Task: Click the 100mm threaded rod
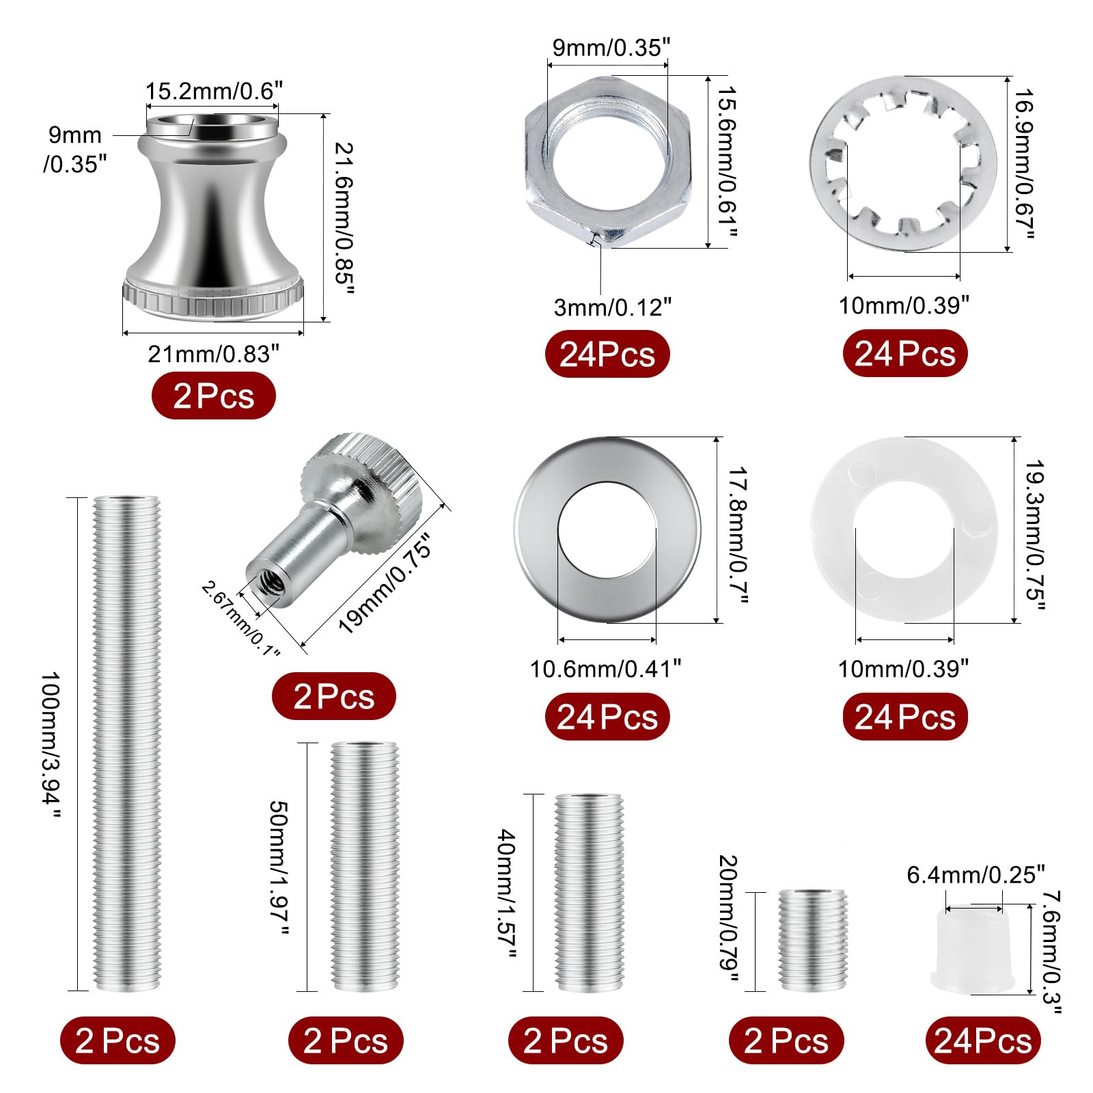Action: click(126, 745)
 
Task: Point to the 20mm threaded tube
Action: click(812, 941)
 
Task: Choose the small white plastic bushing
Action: click(973, 950)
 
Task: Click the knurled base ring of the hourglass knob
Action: click(212, 297)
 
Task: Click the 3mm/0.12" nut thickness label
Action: click(613, 307)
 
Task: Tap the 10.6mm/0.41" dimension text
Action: click(605, 669)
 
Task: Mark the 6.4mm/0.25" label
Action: click(976, 875)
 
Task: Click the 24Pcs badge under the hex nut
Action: click(607, 354)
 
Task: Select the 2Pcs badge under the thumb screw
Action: click(333, 697)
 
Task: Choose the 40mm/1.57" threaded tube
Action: click(588, 893)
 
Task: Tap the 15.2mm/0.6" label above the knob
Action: click(213, 91)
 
